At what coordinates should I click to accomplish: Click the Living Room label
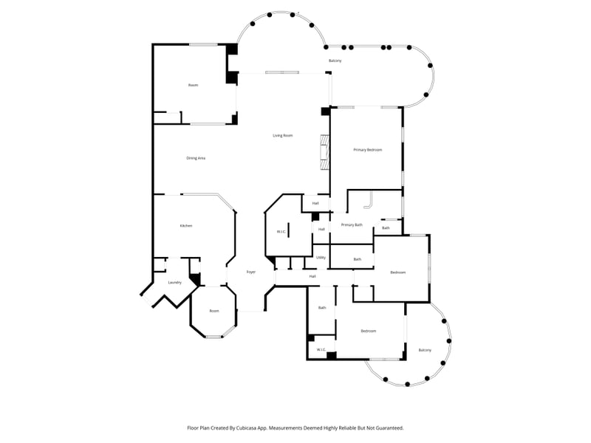283,135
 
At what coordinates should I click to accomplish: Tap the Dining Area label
196,158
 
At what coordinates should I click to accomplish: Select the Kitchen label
186,225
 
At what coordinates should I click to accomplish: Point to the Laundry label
175,282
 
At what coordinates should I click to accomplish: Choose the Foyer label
250,271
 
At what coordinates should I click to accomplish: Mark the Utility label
321,258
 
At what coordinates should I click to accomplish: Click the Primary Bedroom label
367,150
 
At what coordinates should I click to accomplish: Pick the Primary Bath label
352,224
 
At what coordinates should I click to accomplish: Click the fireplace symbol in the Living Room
324,151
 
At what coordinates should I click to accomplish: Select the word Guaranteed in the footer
388,427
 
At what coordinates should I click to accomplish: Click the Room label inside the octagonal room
214,311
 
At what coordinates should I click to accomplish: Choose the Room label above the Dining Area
193,85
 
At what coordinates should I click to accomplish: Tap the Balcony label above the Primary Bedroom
335,61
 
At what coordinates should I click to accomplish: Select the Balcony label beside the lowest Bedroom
425,350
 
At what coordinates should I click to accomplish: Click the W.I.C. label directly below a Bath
321,349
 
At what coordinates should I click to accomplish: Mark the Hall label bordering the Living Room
315,203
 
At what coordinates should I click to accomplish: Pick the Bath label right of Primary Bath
386,228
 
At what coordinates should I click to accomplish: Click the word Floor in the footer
194,427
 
